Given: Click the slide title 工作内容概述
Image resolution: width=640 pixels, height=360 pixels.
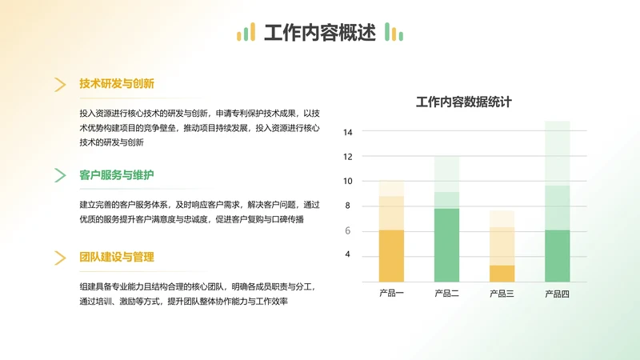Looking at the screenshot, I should click(x=319, y=33).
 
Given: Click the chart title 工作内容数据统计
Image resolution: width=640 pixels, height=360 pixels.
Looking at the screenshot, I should click(x=464, y=102).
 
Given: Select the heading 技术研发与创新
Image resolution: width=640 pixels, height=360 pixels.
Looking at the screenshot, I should click(x=117, y=83).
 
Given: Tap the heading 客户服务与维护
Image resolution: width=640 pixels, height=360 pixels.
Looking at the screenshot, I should click(x=117, y=174).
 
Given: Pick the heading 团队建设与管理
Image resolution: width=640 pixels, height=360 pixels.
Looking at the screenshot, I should click(x=117, y=257).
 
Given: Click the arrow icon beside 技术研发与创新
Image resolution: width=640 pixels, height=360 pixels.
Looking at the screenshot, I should click(x=60, y=84).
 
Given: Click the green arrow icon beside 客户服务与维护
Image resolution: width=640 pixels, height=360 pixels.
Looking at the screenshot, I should click(x=60, y=175).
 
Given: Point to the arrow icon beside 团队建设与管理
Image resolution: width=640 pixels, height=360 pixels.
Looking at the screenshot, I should click(x=60, y=258).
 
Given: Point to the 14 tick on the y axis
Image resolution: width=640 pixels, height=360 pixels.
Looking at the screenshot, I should click(x=347, y=132).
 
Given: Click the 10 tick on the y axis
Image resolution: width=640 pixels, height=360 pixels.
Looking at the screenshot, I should click(x=347, y=181).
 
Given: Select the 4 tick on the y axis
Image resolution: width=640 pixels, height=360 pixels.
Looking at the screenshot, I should click(x=347, y=254).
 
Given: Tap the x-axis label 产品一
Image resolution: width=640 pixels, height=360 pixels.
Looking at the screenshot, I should click(x=391, y=294).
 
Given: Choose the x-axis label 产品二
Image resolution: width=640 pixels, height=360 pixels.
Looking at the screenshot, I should click(x=446, y=294).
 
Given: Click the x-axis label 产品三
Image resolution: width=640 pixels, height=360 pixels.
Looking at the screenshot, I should click(x=502, y=294).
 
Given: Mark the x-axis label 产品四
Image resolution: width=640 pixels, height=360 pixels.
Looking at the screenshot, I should click(x=557, y=294).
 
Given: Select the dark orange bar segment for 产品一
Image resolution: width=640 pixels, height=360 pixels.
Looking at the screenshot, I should click(x=391, y=255).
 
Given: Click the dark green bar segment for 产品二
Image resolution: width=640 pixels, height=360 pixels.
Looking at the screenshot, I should click(x=446, y=245).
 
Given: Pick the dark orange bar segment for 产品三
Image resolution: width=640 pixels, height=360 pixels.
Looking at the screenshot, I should click(x=502, y=273).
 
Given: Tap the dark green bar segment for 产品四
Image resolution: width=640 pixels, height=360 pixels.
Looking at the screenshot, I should click(x=557, y=255).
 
